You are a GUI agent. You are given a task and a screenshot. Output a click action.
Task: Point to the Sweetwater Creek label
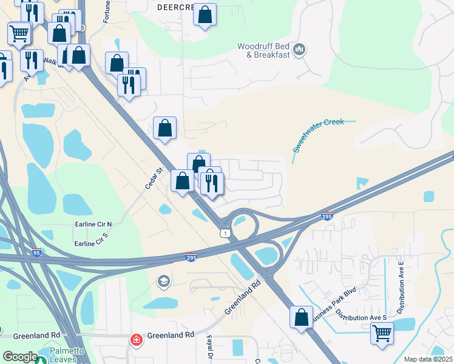point(318,135)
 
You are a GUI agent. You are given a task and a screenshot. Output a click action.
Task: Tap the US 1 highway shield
point(225,233)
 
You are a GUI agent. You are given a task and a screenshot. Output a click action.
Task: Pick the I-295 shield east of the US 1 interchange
point(327,216)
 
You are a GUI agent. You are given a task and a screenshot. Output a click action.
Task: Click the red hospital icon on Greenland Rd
point(138,340)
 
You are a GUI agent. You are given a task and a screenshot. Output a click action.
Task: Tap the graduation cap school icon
point(163,281)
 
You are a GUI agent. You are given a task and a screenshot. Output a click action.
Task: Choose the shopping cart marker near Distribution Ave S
point(382,332)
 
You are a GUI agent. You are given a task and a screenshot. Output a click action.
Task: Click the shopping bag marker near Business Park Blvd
point(301,317)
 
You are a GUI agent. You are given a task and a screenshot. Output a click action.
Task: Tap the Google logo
point(20,357)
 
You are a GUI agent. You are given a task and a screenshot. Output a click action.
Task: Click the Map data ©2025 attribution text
point(427,359)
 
